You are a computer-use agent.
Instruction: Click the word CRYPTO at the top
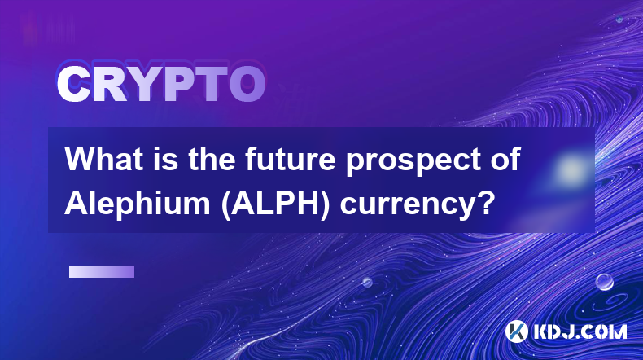161,84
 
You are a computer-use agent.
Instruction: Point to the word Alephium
138,203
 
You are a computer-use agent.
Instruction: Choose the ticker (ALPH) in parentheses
276,204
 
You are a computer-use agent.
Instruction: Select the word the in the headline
212,160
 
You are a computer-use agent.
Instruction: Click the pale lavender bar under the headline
101,272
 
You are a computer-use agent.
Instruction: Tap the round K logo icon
516,331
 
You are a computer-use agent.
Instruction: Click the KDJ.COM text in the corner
580,331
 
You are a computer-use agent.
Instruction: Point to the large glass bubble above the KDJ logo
604,282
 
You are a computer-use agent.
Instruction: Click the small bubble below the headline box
366,282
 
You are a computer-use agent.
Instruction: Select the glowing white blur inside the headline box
571,169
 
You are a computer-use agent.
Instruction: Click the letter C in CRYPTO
73,84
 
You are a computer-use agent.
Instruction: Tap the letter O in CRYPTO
247,84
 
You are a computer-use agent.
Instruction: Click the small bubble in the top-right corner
619,19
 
